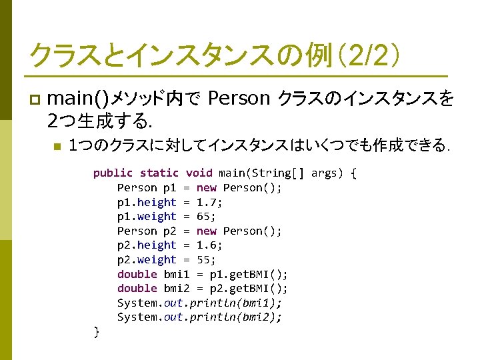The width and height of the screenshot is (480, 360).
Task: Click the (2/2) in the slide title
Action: tap(367, 54)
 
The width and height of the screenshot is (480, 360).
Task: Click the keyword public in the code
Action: tap(113, 173)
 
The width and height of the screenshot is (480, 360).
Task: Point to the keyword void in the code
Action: tap(199, 173)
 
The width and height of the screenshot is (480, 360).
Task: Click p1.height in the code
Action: tap(147, 202)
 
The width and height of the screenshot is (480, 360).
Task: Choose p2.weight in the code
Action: tap(147, 260)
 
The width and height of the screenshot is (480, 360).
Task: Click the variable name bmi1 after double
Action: tap(177, 274)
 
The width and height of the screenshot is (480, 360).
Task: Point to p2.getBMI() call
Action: tap(249, 289)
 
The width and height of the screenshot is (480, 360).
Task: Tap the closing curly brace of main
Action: tap(97, 331)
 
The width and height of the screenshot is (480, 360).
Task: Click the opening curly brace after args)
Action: tap(353, 173)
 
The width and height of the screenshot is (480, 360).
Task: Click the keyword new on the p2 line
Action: tap(207, 231)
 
